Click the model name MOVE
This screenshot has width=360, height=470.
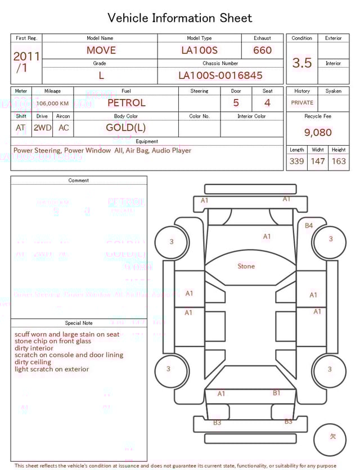(x=101, y=50)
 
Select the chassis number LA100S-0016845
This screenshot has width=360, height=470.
(x=220, y=75)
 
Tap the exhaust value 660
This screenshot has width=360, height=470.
(x=262, y=50)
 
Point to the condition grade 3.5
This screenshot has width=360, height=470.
(x=302, y=62)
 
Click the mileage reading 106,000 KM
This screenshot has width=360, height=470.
(x=53, y=104)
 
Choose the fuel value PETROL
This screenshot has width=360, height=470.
(x=126, y=103)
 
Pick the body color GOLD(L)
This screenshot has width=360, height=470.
(x=126, y=128)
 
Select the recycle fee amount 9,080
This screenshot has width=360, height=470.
(x=318, y=132)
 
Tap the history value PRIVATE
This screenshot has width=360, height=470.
(x=302, y=103)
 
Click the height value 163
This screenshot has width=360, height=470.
(x=339, y=161)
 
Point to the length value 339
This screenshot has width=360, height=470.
(x=296, y=161)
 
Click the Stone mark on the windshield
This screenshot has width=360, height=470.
(x=246, y=266)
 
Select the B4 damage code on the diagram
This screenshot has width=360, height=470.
(x=309, y=226)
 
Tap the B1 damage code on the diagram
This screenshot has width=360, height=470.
(x=277, y=393)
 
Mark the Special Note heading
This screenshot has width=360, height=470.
(x=79, y=323)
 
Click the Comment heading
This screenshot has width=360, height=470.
(x=79, y=181)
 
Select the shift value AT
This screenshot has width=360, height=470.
(x=21, y=128)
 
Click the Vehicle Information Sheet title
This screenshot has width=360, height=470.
(x=180, y=18)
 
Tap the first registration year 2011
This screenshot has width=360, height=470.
(x=26, y=56)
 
